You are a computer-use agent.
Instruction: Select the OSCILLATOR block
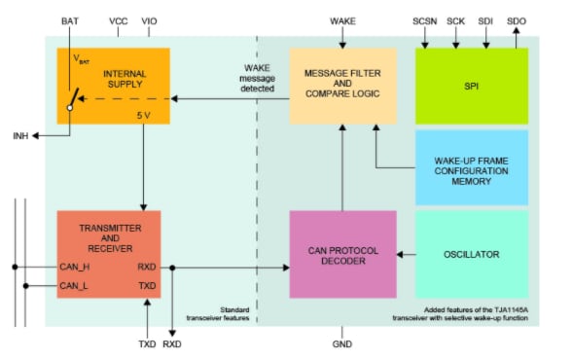pos(472,255)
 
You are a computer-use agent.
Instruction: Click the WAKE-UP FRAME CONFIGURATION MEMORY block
pos(472,167)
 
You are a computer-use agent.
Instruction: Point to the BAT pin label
pos(70,20)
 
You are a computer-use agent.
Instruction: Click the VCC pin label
pos(119,20)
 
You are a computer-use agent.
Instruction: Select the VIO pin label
pos(149,20)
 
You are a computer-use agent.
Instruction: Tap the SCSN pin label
pos(425,20)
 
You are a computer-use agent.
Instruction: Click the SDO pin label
pos(517,20)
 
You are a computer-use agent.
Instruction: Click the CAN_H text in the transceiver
pos(75,266)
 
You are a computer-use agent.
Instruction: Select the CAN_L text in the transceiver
pos(75,285)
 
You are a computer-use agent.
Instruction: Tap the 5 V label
pos(142,115)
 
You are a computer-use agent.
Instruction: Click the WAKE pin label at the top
pos(343,20)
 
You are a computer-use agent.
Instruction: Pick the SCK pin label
pos(456,20)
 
